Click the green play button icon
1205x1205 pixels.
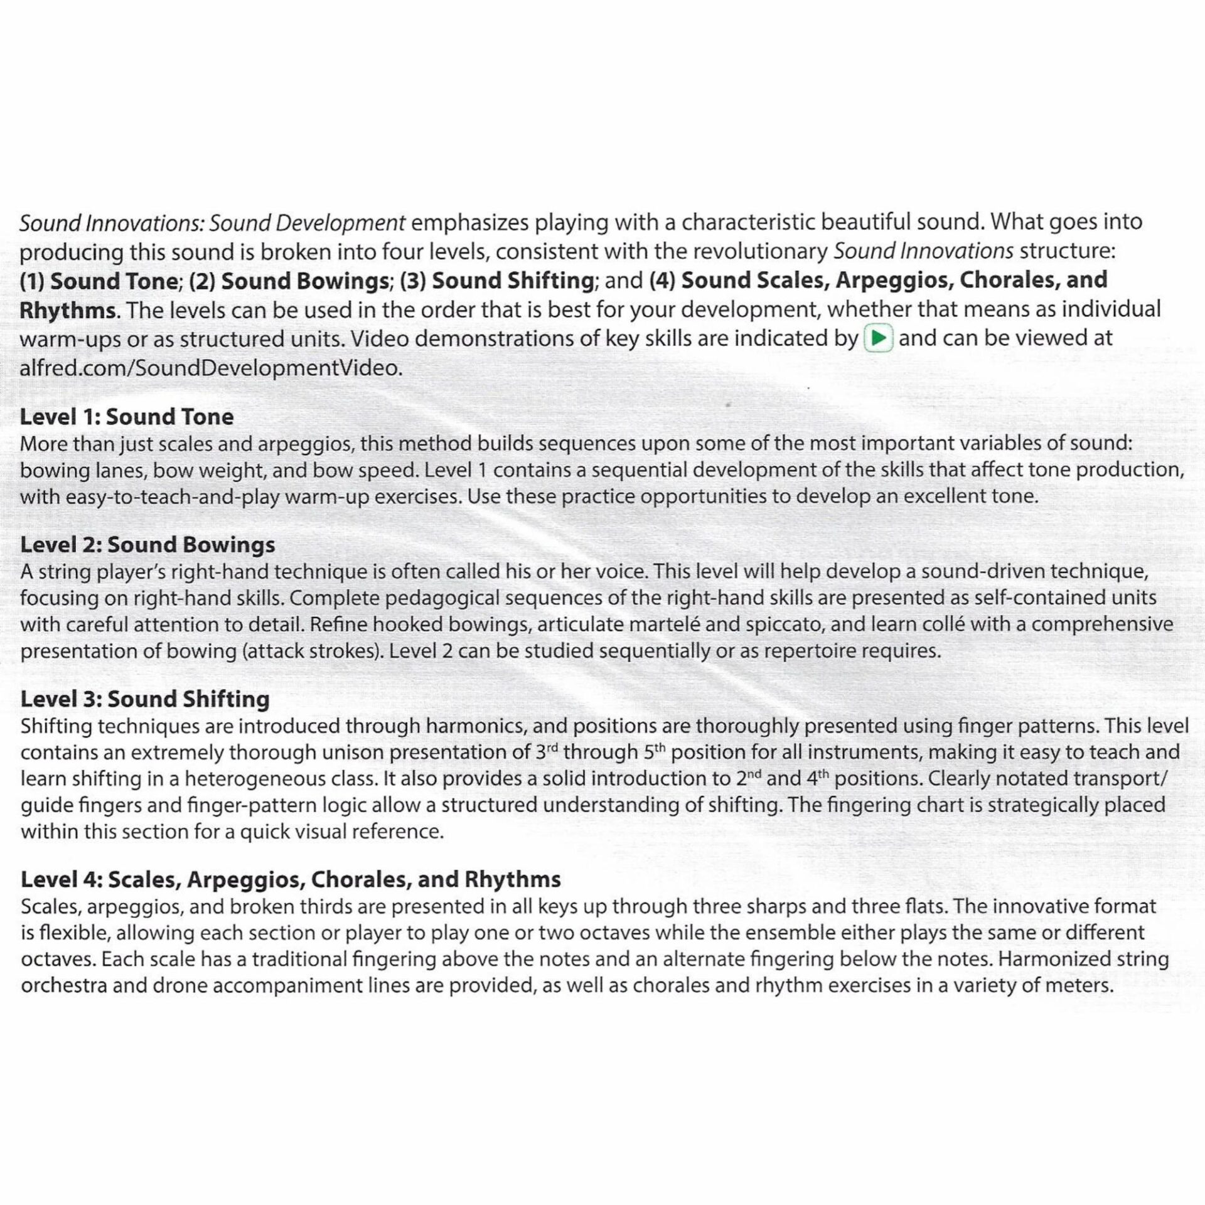click(x=879, y=339)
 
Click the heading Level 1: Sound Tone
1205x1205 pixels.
click(x=127, y=417)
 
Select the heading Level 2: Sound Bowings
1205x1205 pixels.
click(x=147, y=545)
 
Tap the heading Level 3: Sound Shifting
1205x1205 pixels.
click(x=145, y=699)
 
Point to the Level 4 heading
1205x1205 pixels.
click(x=291, y=879)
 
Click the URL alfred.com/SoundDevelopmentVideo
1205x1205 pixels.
click(x=210, y=368)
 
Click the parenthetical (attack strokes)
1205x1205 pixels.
click(x=313, y=651)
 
